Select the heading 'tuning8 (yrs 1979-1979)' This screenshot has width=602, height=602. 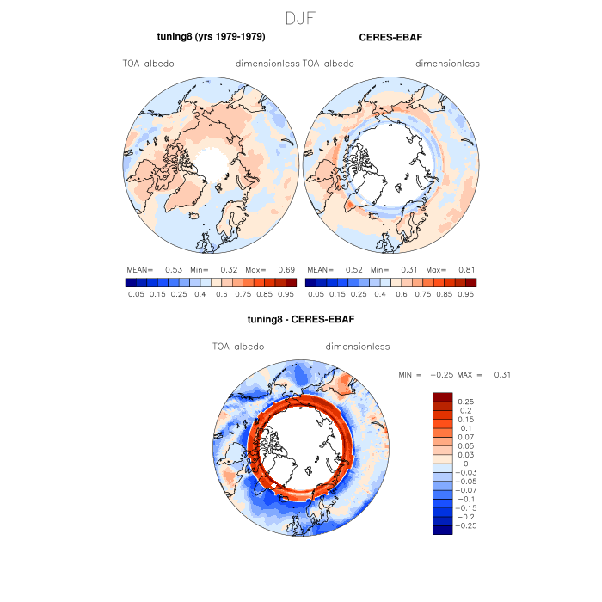pyautogui.click(x=210, y=37)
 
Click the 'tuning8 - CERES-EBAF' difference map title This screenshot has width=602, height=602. pyautogui.click(x=301, y=319)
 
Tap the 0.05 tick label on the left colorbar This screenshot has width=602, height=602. pyautogui.click(x=136, y=293)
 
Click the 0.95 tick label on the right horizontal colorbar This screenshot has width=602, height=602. pyautogui.click(x=465, y=293)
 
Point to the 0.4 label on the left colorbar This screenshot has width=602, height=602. pyautogui.click(x=200, y=293)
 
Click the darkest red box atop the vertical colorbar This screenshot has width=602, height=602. pyautogui.click(x=442, y=396)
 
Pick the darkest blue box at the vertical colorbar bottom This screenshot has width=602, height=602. pyautogui.click(x=442, y=530)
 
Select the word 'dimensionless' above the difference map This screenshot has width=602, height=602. pyautogui.click(x=358, y=347)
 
